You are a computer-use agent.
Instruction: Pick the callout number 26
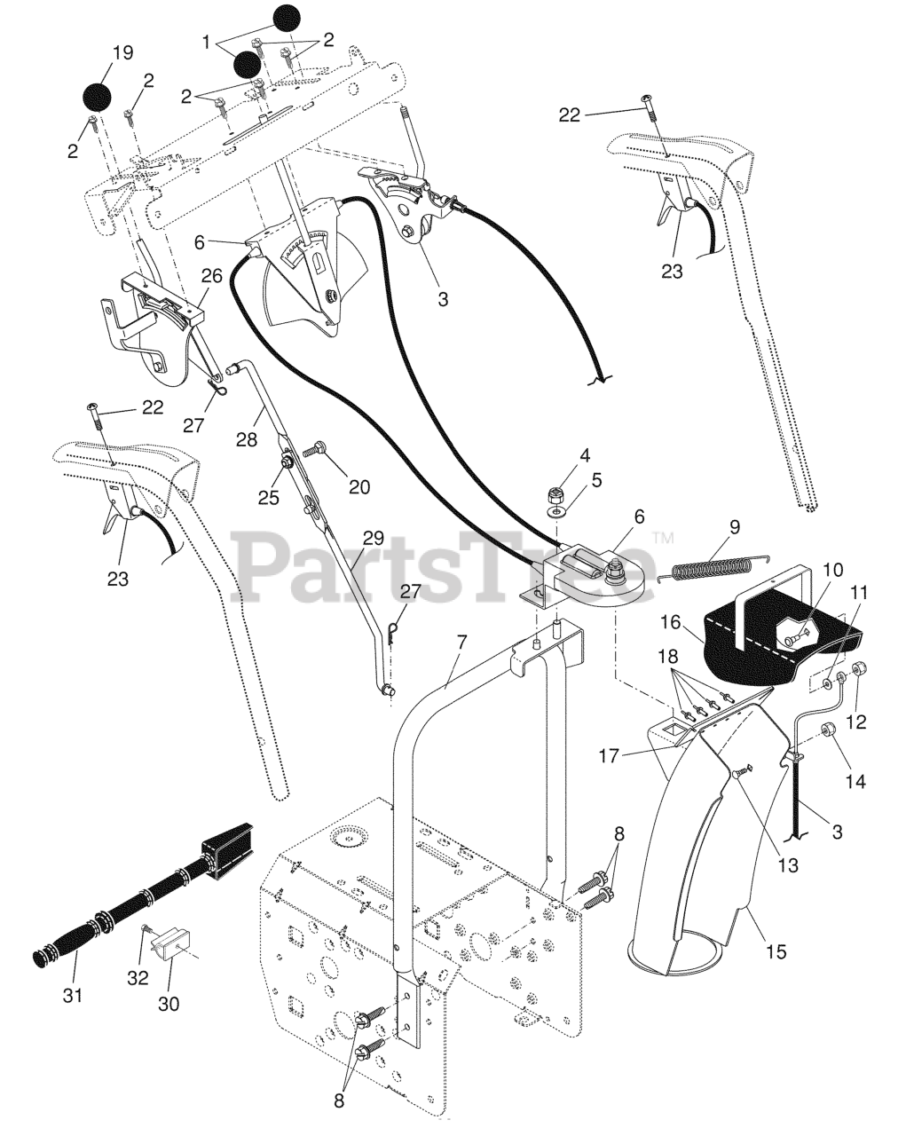pyautogui.click(x=210, y=277)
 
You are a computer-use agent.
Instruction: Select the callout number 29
pyautogui.click(x=374, y=538)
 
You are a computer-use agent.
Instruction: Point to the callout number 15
pyautogui.click(x=776, y=951)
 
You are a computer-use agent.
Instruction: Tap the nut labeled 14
pyautogui.click(x=829, y=731)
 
